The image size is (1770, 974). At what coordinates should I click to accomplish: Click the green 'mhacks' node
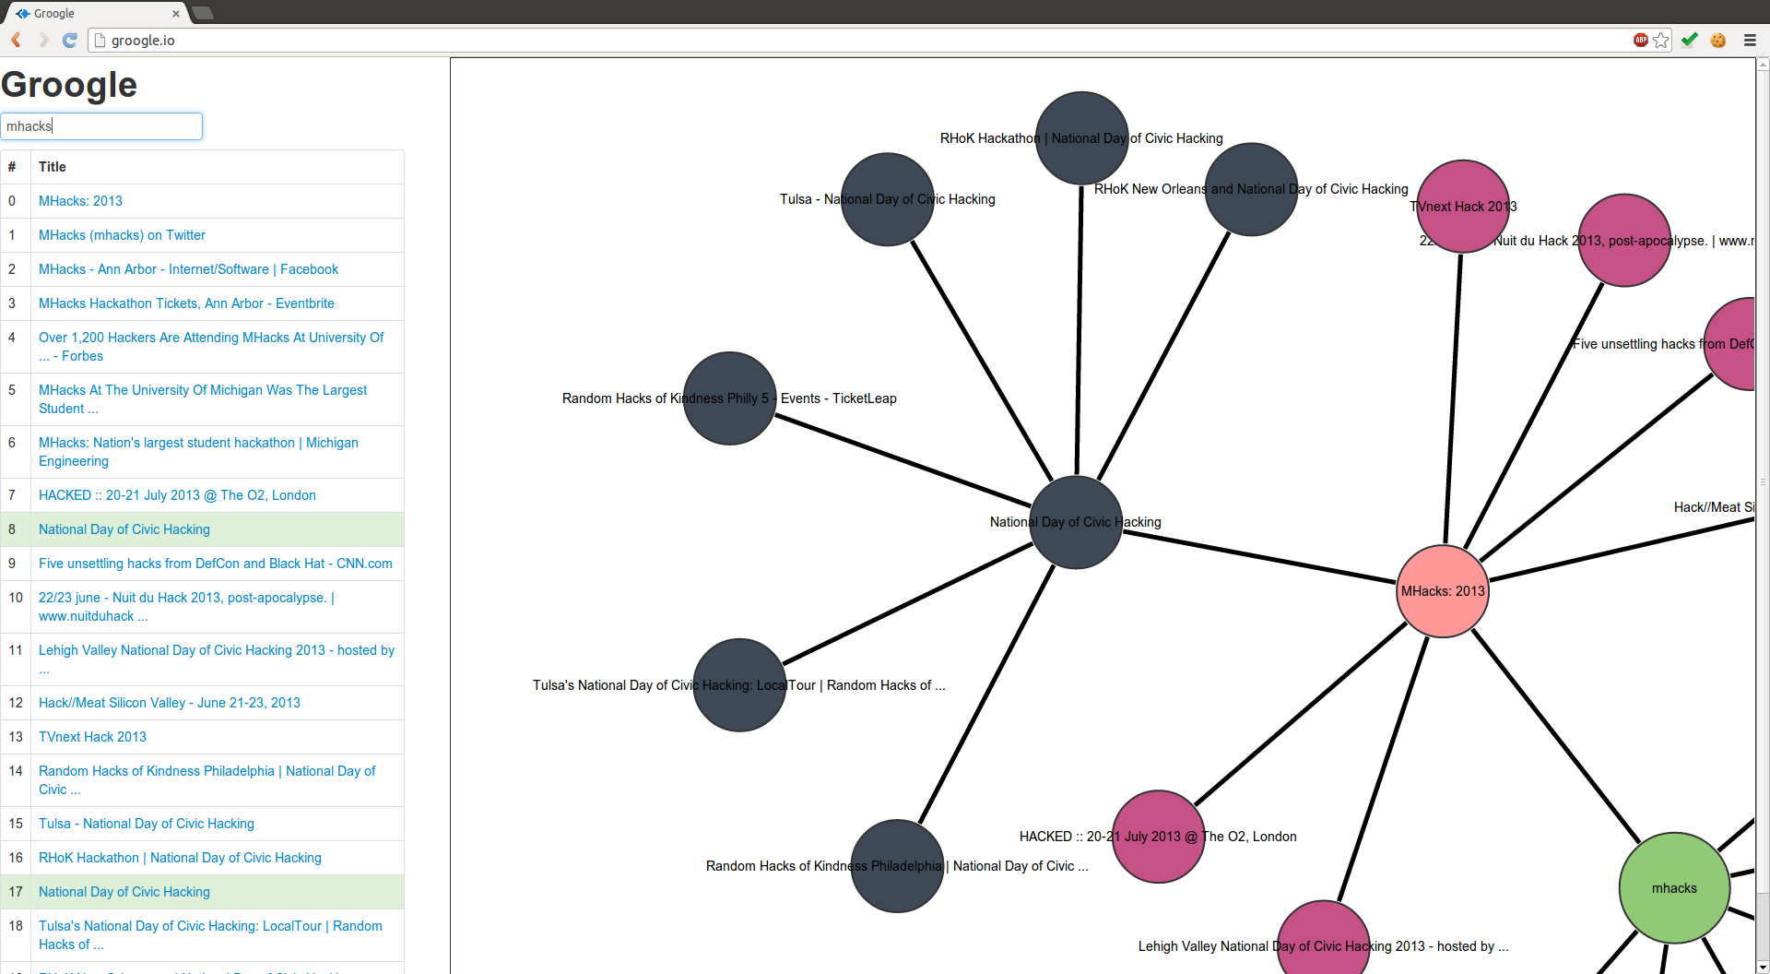pyautogui.click(x=1673, y=887)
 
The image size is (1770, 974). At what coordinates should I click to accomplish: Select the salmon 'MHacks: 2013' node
pyautogui.click(x=1443, y=590)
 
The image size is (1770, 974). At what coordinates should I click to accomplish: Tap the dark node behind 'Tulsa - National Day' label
pyautogui.click(x=888, y=199)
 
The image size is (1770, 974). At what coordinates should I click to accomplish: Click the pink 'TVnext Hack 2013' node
pyautogui.click(x=1462, y=207)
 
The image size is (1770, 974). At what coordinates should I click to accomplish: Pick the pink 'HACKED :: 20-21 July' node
pyautogui.click(x=1158, y=837)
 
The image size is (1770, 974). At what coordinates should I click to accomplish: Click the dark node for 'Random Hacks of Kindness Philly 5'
pyautogui.click(x=729, y=398)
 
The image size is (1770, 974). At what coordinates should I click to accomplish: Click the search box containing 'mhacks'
pyautogui.click(x=101, y=126)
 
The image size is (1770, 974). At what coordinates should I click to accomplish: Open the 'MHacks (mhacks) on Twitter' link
pyautogui.click(x=122, y=235)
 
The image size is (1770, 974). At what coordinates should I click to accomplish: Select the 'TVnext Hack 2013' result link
pyautogui.click(x=92, y=737)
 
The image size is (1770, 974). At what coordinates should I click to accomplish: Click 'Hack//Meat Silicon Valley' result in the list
pyautogui.click(x=169, y=703)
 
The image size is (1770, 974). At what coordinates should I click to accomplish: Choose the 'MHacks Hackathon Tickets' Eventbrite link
pyautogui.click(x=186, y=303)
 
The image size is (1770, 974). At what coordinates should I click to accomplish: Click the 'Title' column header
pyautogui.click(x=53, y=167)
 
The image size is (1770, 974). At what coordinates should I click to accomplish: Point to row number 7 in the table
pyautogui.click(x=12, y=495)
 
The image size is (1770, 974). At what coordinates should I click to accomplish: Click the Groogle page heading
pyautogui.click(x=69, y=85)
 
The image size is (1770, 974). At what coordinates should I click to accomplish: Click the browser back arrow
pyautogui.click(x=16, y=40)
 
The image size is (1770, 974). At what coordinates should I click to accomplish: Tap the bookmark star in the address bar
pyautogui.click(x=1661, y=40)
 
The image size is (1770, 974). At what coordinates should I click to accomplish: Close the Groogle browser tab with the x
pyautogui.click(x=176, y=14)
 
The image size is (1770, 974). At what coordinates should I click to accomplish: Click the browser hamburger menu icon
pyautogui.click(x=1750, y=40)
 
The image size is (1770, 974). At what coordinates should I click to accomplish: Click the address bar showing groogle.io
pyautogui.click(x=830, y=40)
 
